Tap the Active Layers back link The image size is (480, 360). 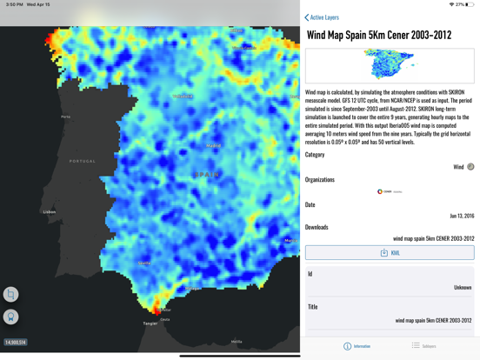point(323,17)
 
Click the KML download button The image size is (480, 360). point(390,253)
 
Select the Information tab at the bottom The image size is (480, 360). point(357,346)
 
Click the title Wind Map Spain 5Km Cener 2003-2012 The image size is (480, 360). point(379,36)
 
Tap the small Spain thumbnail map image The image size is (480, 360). point(389,65)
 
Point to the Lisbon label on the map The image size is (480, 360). point(50,212)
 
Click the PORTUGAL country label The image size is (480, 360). point(83,161)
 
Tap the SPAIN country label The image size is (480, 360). point(207,174)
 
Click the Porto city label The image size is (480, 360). point(66,117)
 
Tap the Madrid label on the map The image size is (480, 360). point(213,145)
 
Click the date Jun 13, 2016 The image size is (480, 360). point(461,216)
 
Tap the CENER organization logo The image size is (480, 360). point(389,191)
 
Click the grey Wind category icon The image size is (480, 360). point(470,167)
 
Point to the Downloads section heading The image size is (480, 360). point(317,227)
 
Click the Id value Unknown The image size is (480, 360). point(463,287)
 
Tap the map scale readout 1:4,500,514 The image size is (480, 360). point(16,343)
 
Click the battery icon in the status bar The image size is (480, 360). point(470,4)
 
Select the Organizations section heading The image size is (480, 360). point(320,180)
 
